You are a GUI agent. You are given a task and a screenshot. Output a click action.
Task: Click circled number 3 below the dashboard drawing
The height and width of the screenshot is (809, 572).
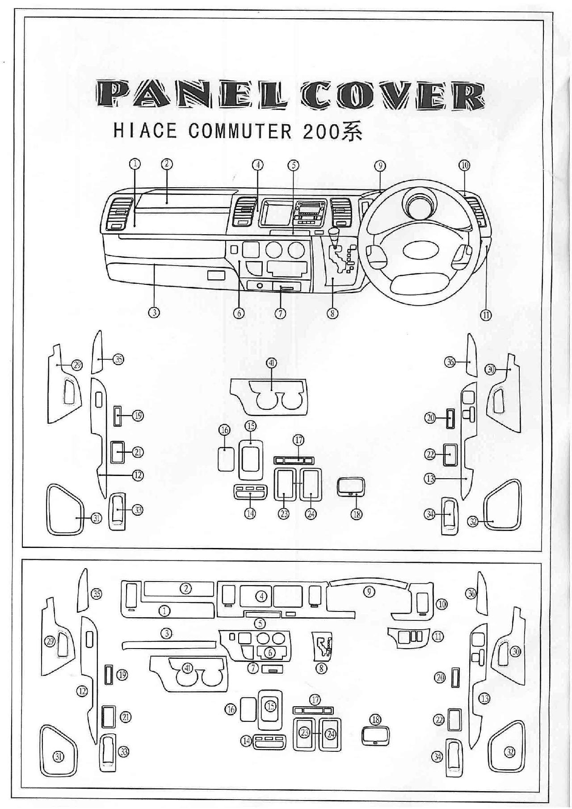tap(154, 312)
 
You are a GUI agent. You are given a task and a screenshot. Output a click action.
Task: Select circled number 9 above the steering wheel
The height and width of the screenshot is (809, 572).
tap(379, 166)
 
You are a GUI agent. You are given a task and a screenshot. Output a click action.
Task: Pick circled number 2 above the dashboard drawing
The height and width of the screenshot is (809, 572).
tap(166, 164)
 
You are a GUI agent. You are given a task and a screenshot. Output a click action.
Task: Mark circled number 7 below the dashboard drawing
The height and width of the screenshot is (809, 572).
tap(280, 313)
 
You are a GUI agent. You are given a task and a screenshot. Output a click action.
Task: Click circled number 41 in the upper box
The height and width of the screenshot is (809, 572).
tap(271, 362)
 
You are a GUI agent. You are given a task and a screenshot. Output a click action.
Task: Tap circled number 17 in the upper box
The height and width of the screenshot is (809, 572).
tap(298, 440)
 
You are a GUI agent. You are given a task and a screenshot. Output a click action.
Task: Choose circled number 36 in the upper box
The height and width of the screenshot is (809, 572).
tap(450, 362)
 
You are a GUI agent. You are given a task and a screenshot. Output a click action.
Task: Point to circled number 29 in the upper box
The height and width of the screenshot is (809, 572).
tap(77, 365)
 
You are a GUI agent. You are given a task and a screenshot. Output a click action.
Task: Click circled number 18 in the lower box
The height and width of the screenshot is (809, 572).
tap(375, 720)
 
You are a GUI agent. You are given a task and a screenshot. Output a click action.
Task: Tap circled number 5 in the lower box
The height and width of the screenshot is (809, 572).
tap(260, 623)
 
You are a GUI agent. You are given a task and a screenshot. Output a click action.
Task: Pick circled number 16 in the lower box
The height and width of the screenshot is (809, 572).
tap(231, 709)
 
